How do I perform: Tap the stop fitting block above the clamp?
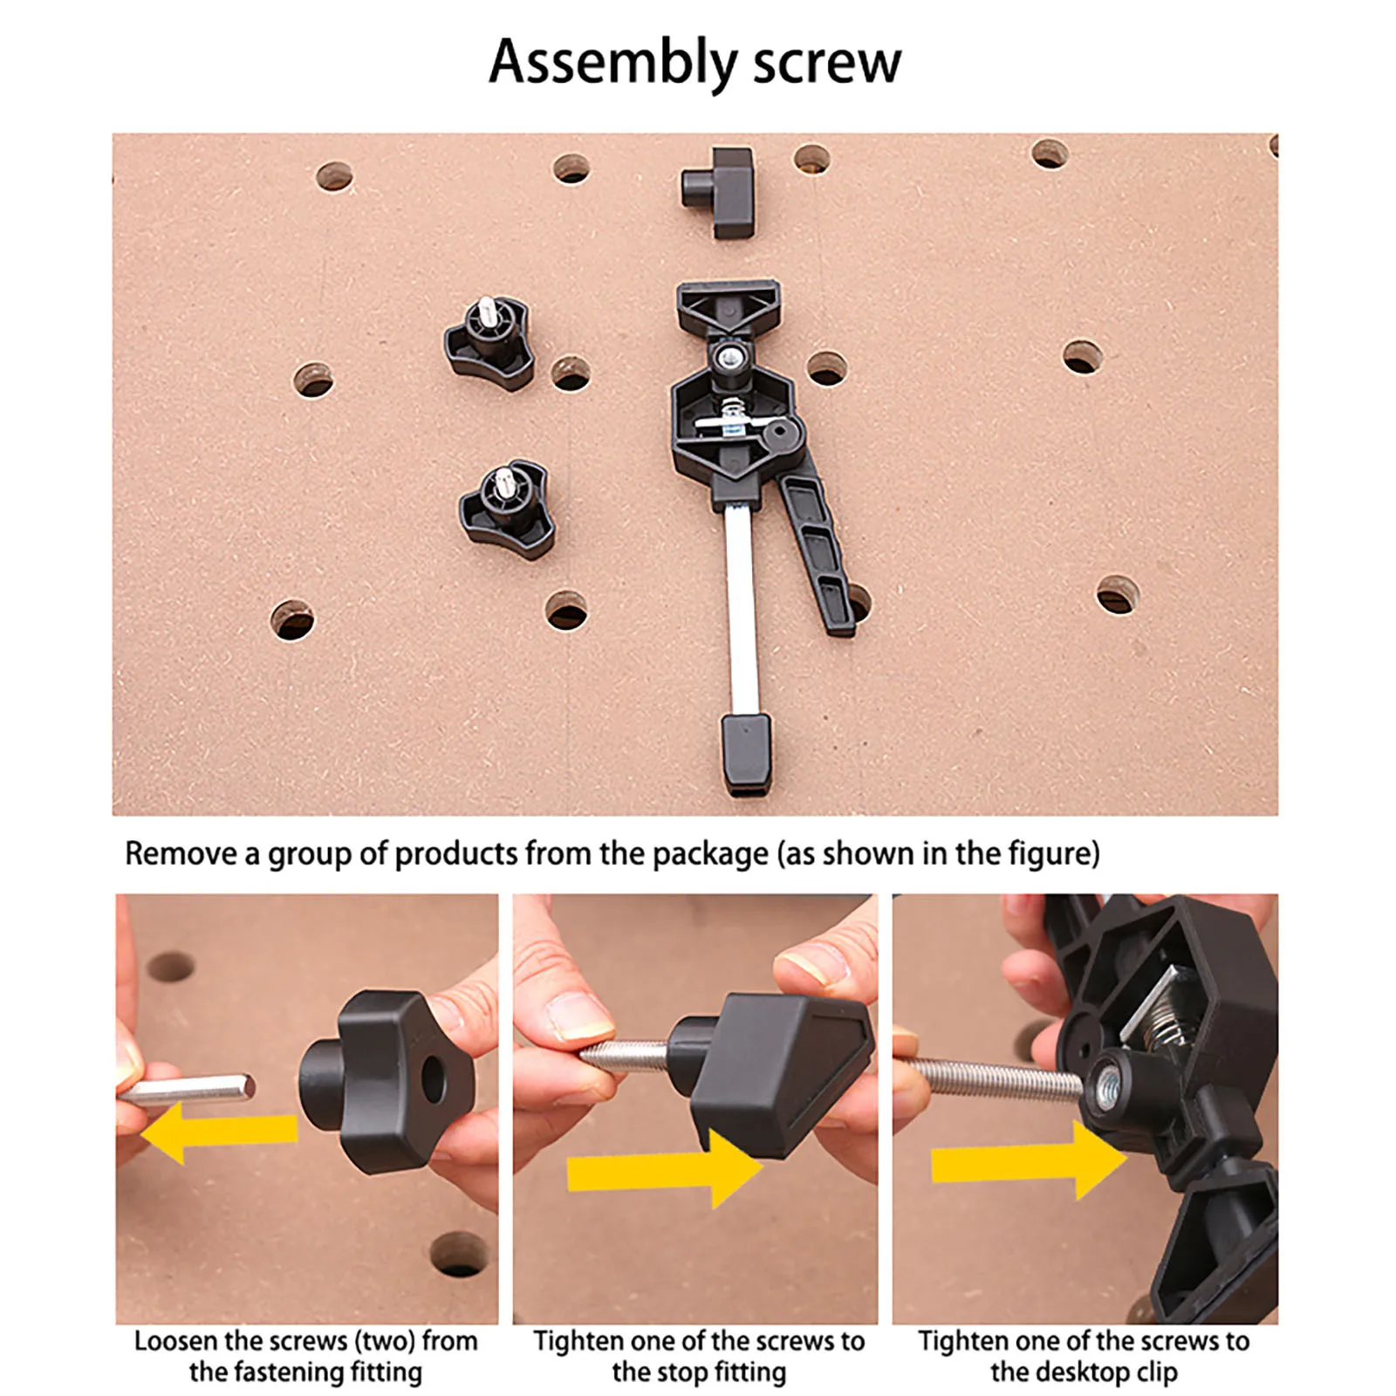click(x=718, y=193)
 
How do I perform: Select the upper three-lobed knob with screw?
click(x=489, y=343)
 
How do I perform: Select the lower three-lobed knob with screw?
click(x=507, y=509)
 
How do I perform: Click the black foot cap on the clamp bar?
click(x=746, y=754)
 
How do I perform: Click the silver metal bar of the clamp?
click(x=741, y=611)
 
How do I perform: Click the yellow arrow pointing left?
click(x=218, y=1130)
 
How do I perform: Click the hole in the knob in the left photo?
click(x=433, y=1079)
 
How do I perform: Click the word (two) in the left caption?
click(x=382, y=1341)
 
